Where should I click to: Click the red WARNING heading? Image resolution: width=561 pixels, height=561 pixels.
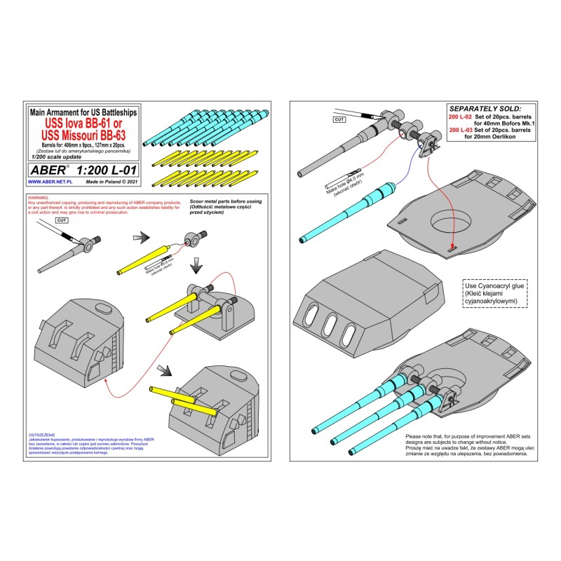click(38, 198)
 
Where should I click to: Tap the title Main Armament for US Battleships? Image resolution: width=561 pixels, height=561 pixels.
click(82, 112)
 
